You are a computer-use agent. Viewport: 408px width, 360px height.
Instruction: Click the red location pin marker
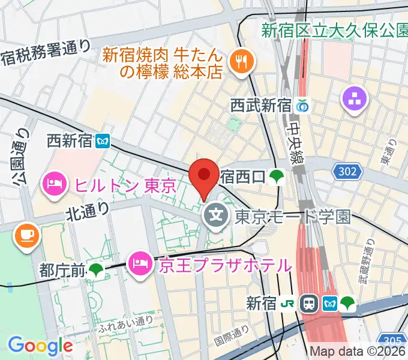coord(204,175)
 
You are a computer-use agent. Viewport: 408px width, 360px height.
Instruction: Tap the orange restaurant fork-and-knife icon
coord(243,61)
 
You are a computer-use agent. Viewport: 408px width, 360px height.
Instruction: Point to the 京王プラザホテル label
coord(225,264)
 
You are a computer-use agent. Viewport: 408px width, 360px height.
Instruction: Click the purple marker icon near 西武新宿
coord(355,98)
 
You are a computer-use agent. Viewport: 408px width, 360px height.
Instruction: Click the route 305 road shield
coord(394,338)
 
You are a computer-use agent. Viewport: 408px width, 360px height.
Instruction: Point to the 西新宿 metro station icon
coord(105,141)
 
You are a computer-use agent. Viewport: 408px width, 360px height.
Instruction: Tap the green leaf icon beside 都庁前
coord(97,271)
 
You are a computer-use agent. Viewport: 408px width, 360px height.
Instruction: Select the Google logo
coord(40,345)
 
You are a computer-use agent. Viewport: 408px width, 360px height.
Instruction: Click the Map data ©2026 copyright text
coord(358,352)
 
